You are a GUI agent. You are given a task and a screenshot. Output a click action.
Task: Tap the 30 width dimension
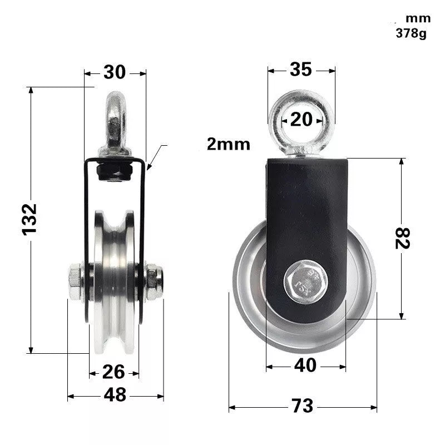[x=115, y=72]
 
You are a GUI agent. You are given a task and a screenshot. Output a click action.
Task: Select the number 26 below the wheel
[x=114, y=371]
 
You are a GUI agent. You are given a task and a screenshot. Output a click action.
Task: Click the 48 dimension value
[x=115, y=395]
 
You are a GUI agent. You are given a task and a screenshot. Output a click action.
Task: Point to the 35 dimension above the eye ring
[x=301, y=69]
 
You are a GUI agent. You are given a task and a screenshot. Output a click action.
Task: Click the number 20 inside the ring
[x=302, y=118]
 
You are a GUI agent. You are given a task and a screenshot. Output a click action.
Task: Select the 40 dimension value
[x=305, y=365]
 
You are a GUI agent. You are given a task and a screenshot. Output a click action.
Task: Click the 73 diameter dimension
[x=302, y=406]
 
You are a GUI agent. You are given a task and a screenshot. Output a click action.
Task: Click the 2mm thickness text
[x=228, y=145]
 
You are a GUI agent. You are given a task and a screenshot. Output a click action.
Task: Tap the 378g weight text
[x=411, y=33]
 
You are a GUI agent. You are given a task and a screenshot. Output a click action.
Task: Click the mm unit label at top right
[x=418, y=18]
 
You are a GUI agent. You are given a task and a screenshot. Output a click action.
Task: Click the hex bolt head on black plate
[x=302, y=283]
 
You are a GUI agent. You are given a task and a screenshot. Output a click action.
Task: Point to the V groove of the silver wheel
[x=114, y=278]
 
